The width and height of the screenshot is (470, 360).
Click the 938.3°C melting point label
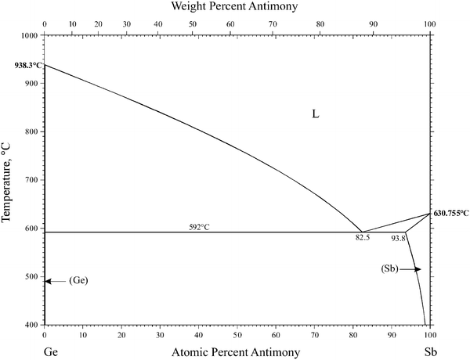(22, 67)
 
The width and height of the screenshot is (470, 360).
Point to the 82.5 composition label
(362, 237)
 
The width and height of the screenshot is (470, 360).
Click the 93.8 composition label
(398, 238)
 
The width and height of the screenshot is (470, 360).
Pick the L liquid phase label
(315, 114)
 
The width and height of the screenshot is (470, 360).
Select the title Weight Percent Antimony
(237, 7)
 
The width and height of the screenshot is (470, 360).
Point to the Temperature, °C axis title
(8, 178)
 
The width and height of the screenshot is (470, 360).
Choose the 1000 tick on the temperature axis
(30, 35)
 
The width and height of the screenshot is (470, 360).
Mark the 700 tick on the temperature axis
(32, 180)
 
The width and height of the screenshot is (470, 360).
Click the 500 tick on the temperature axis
(32, 276)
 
